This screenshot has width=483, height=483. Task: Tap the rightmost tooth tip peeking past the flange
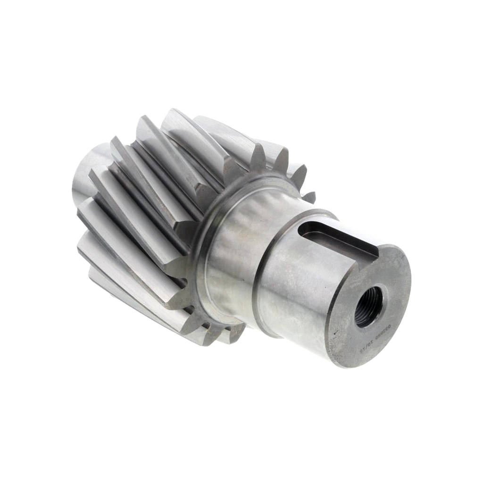[309, 193]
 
